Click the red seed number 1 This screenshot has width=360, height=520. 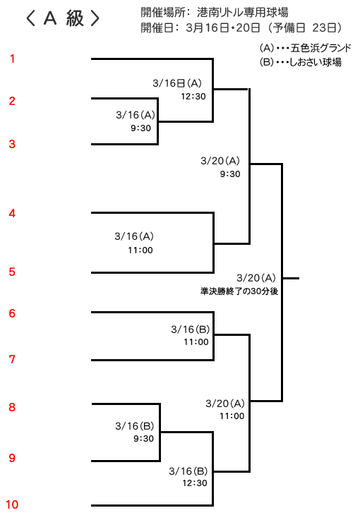click(x=12, y=59)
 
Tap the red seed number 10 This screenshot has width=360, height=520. click(x=12, y=504)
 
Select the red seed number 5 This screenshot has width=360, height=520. click(x=12, y=272)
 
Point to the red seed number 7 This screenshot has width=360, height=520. click(x=12, y=359)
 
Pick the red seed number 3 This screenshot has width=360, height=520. click(x=12, y=144)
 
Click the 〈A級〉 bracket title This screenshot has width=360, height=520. click(x=63, y=18)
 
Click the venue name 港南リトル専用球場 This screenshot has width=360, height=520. click(x=243, y=13)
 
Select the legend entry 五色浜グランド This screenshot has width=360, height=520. click(x=320, y=48)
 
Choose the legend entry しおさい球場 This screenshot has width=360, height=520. click(x=316, y=62)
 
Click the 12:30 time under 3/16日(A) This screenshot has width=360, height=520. click(x=193, y=97)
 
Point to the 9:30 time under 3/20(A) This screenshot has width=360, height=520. click(x=230, y=174)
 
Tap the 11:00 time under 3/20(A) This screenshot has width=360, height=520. click(x=232, y=416)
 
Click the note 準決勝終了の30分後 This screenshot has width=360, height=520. click(x=239, y=291)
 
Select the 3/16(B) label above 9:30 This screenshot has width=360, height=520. click(x=135, y=426)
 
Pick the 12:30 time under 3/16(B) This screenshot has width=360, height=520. click(x=195, y=483)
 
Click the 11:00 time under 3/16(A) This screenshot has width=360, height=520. click(x=140, y=250)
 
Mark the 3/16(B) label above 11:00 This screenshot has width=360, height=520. click(x=191, y=329)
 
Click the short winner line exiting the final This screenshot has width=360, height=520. click(x=291, y=278)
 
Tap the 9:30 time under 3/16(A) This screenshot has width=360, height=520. click(x=141, y=128)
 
